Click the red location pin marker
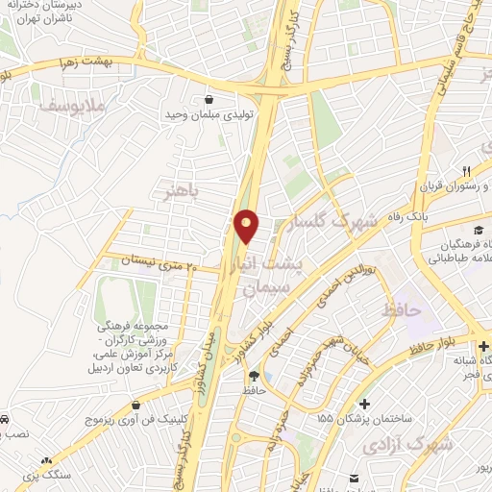247,226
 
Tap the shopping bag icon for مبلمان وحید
209,97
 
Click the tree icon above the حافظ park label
254,376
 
